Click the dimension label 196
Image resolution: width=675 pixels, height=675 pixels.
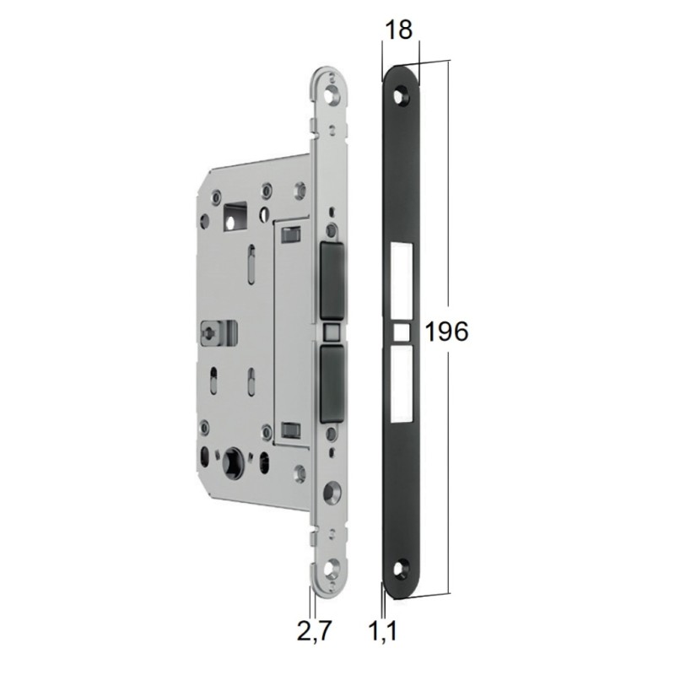tap(446, 332)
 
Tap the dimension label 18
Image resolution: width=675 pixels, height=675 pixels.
tap(398, 30)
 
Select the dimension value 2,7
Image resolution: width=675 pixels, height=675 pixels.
tap(315, 631)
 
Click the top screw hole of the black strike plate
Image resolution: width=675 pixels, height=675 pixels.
tap(403, 95)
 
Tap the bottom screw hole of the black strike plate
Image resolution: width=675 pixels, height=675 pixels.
tap(403, 568)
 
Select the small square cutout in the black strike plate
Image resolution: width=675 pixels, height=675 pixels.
tap(402, 332)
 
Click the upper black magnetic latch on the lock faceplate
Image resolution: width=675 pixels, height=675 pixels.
tap(332, 279)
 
